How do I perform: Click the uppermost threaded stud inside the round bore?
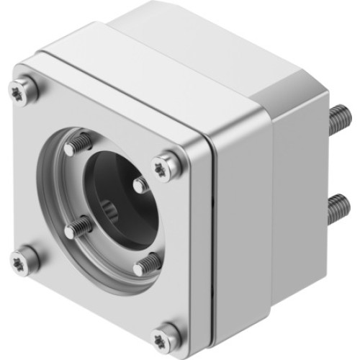tap(79, 145)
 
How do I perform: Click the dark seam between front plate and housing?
tap(208, 238)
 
